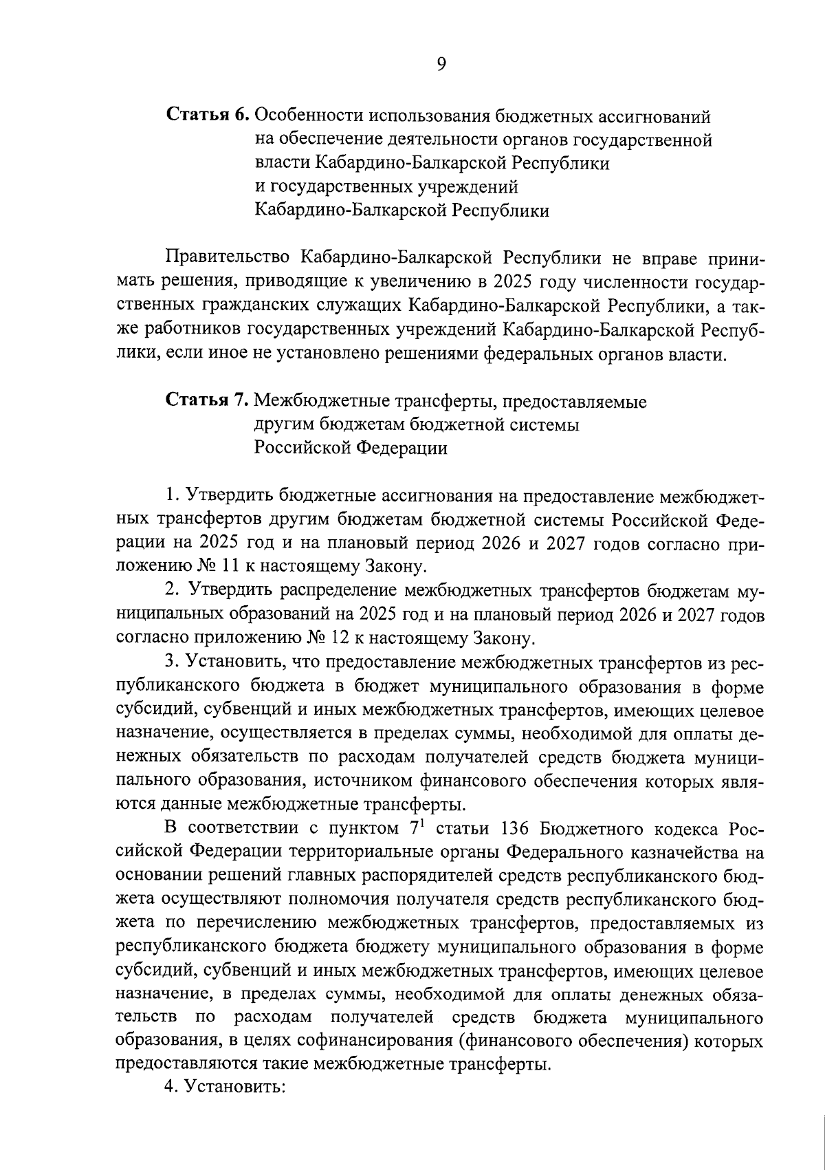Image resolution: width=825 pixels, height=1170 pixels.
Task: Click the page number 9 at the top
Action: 441,64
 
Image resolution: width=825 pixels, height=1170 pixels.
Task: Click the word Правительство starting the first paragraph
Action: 228,259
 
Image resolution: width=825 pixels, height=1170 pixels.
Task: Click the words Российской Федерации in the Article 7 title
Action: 351,448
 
